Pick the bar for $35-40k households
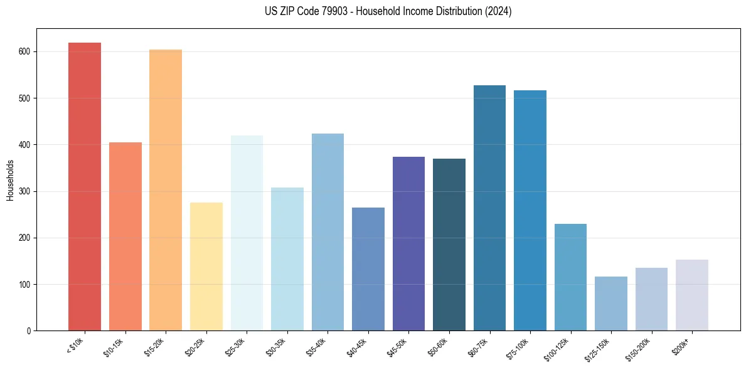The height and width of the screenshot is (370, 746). tap(328, 232)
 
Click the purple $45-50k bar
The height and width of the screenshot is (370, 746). tap(408, 244)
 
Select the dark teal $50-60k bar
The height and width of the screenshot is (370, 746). tap(449, 245)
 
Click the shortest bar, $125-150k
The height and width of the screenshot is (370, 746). tap(611, 304)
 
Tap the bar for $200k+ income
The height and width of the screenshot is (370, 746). tap(692, 295)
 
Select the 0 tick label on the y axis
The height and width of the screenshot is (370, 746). tap(30, 331)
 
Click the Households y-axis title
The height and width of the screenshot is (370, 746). tap(10, 179)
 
